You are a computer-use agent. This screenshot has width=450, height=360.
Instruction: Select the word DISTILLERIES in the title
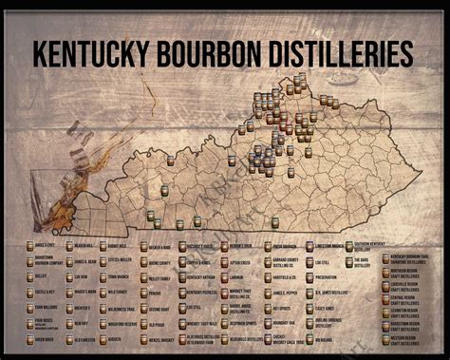[347, 51]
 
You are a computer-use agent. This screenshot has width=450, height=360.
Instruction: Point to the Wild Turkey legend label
[118, 293]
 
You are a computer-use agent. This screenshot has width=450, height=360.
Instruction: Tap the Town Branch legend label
[118, 276]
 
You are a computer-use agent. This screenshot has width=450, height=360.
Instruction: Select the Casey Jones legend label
[325, 309]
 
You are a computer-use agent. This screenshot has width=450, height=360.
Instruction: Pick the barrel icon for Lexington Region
[385, 310]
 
